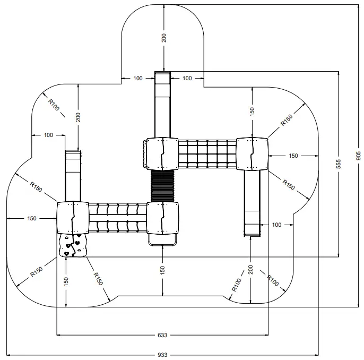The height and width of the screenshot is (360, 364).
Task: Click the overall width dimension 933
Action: [162, 354]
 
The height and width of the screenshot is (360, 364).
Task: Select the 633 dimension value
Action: [162, 335]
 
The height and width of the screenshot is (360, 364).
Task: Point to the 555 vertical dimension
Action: [338, 164]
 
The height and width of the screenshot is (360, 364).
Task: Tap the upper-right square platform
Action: [253, 154]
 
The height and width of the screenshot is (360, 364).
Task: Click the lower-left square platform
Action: [73, 218]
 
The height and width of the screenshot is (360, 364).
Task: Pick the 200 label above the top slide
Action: [164, 38]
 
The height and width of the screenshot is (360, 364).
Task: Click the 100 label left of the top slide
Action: [137, 79]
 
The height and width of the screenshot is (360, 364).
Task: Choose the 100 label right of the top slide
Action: [187, 79]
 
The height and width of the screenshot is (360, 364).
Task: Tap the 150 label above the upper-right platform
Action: [252, 112]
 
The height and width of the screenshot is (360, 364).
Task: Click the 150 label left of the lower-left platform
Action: [31, 218]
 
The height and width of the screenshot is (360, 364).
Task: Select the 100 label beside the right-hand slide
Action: [276, 225]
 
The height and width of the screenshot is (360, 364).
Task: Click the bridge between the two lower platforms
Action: [117, 218]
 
